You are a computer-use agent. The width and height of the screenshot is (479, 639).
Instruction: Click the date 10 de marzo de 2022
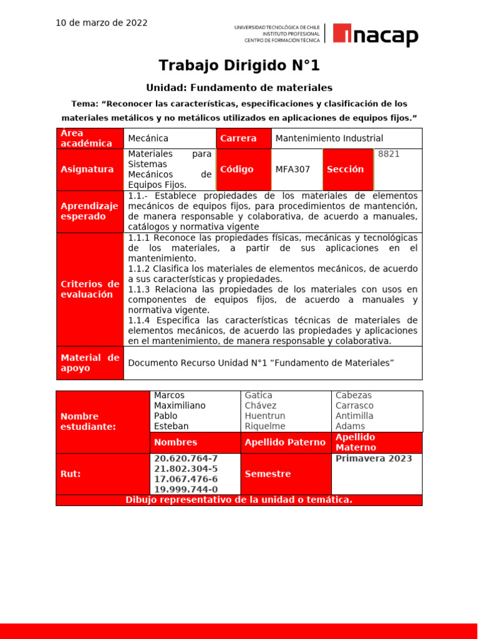click(102, 23)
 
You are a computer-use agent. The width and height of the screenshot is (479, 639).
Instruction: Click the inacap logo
click(375, 35)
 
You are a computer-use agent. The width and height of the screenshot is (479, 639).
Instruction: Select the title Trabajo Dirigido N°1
click(239, 66)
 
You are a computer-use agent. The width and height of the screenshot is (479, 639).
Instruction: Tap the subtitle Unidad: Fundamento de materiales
click(239, 88)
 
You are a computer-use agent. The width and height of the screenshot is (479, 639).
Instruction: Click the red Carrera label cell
click(243, 139)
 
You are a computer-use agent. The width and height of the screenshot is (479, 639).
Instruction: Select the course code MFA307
click(293, 170)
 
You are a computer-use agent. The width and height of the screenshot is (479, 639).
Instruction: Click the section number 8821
click(389, 154)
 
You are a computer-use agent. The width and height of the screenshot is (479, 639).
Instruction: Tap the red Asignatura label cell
click(90, 170)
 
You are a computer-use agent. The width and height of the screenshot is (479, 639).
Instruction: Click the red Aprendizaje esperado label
click(90, 212)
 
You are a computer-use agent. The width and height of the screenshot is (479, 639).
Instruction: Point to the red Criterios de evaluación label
click(90, 290)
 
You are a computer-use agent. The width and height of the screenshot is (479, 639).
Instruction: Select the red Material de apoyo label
click(90, 363)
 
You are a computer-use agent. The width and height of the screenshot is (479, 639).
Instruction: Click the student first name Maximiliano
click(180, 406)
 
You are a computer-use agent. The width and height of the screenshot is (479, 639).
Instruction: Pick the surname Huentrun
click(265, 416)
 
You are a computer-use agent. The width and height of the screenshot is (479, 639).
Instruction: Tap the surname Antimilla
click(354, 416)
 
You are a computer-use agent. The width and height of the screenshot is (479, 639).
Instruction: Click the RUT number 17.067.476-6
click(186, 479)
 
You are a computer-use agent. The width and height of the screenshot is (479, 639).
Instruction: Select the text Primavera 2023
click(374, 459)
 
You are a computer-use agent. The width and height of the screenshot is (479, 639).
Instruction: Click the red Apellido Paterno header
click(285, 442)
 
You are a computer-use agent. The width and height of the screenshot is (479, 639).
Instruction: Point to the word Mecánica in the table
click(148, 139)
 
